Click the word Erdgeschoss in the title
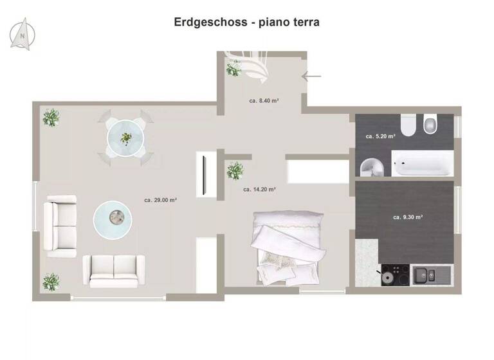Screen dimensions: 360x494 tap(210, 22)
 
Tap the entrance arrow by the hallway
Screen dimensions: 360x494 tap(311, 76)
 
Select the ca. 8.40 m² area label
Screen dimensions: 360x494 tap(264, 100)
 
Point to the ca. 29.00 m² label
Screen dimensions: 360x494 tap(160, 200)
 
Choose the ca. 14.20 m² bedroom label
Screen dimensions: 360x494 tap(259, 190)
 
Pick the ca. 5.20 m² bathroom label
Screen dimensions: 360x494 tap(380, 136)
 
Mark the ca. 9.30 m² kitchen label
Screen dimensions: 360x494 tap(408, 217)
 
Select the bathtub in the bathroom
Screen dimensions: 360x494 tap(423, 165)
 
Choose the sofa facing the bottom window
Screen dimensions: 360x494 tap(114, 270)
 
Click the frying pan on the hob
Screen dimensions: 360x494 tap(387, 277)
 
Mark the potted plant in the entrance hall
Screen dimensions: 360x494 tap(234, 67)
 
